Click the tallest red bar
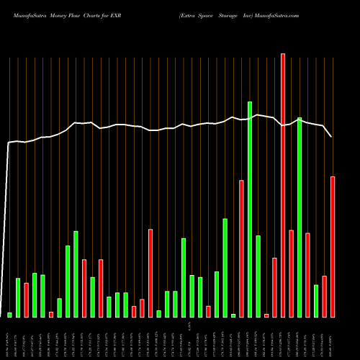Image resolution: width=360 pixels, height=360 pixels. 283,185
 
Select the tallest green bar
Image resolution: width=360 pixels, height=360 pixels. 250,209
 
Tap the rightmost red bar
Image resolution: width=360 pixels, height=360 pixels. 333,246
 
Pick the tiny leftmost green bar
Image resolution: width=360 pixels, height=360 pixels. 10,315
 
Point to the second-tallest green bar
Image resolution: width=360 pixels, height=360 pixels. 300,217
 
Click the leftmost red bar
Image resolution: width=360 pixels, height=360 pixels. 27,300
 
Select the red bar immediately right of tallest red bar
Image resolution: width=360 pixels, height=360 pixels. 291,274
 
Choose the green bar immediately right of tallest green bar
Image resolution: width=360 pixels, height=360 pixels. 258,276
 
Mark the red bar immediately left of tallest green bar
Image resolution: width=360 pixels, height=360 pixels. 241,248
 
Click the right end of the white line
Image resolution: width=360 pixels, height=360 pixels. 332,136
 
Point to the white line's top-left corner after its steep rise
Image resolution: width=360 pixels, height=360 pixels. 9,143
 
